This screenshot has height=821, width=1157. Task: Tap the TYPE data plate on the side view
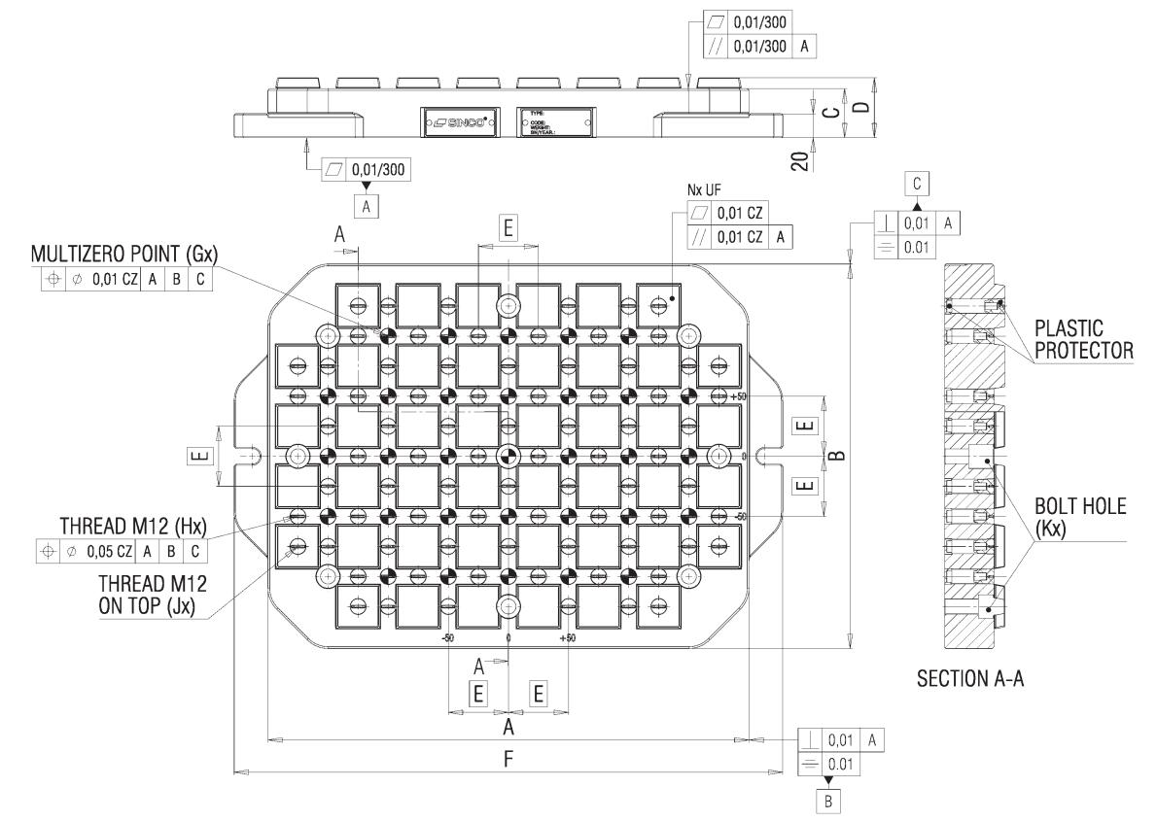click(x=553, y=122)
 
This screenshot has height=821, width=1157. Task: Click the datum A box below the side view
click(x=367, y=205)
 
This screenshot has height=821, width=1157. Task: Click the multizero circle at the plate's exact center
click(x=508, y=456)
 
